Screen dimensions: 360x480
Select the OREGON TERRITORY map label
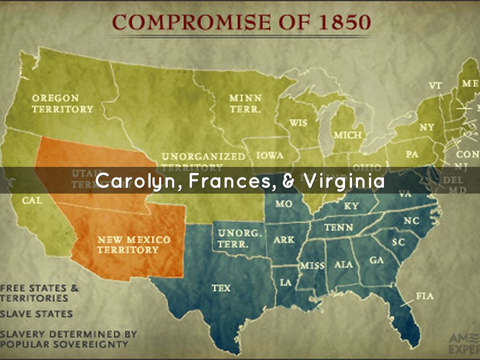click(62, 104)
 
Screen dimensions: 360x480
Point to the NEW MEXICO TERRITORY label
click(134, 245)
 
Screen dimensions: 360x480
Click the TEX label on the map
click(221, 288)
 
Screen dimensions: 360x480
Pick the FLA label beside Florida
click(424, 296)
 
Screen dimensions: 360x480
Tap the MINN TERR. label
click(245, 103)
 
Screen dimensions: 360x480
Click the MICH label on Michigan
click(347, 135)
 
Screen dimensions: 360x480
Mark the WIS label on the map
click(298, 123)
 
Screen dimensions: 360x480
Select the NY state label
click(427, 127)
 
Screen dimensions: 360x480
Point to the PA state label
click(412, 153)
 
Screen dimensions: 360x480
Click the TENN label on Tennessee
click(338, 227)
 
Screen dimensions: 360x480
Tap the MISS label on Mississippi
click(312, 265)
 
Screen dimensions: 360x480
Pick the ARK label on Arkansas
click(285, 240)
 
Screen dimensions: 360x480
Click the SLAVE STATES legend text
click(36, 314)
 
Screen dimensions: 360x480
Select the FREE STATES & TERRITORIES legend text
click(39, 292)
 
